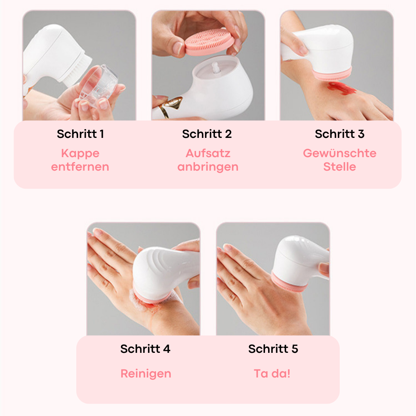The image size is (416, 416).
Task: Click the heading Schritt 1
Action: click(x=80, y=134)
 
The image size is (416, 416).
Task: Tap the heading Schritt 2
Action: click(x=207, y=134)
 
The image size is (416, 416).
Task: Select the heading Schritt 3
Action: click(x=340, y=134)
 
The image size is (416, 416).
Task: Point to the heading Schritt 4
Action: click(x=145, y=349)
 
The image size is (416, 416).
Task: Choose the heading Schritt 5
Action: click(x=273, y=349)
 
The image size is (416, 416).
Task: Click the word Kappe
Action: click(x=80, y=154)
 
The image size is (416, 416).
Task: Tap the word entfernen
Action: click(x=80, y=167)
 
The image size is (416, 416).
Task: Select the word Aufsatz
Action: click(x=208, y=153)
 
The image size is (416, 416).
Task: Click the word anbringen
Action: click(x=208, y=167)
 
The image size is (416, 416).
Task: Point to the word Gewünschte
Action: click(x=340, y=153)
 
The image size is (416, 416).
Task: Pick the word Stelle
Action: click(x=340, y=167)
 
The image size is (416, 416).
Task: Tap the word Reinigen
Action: click(x=146, y=374)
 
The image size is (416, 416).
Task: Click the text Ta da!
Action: click(x=272, y=374)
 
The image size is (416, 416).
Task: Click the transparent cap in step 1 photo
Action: click(x=99, y=84)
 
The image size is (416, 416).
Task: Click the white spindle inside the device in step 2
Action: click(x=215, y=67)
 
